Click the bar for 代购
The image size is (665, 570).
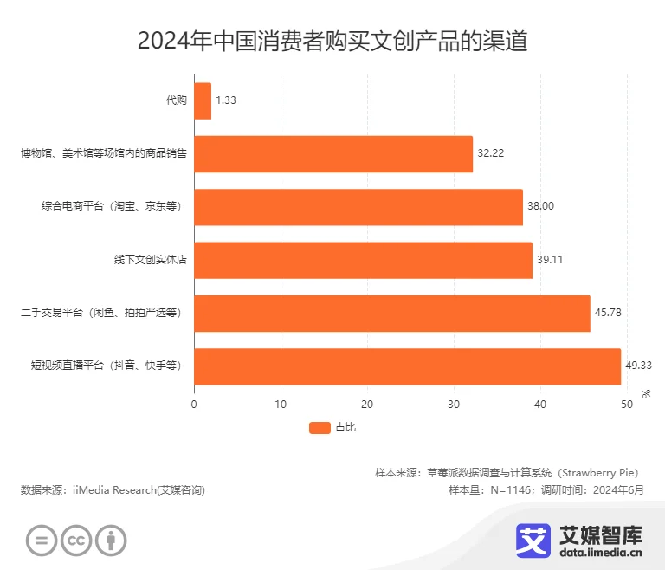[203, 100]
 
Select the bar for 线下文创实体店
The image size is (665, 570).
[363, 260]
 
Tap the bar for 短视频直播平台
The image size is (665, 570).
[407, 366]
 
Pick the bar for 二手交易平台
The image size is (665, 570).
[391, 313]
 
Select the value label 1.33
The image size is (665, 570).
[225, 100]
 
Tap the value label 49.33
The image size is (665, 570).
[638, 366]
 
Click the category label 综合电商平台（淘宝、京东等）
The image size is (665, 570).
[109, 207]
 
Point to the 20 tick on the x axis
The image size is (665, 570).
[367, 404]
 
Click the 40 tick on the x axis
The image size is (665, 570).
[540, 404]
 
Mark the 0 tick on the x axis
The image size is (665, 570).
[194, 404]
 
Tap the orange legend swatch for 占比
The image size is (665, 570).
[320, 427]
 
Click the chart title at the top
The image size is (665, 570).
[332, 41]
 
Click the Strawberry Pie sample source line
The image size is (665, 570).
[507, 473]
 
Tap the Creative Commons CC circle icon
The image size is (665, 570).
[76, 541]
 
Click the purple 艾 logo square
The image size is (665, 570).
[533, 540]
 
